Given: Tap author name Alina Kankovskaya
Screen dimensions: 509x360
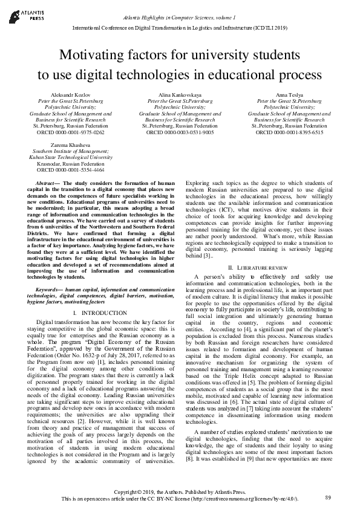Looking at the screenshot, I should [x=179, y=96].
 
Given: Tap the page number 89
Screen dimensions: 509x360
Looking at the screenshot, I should [x=328, y=497].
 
